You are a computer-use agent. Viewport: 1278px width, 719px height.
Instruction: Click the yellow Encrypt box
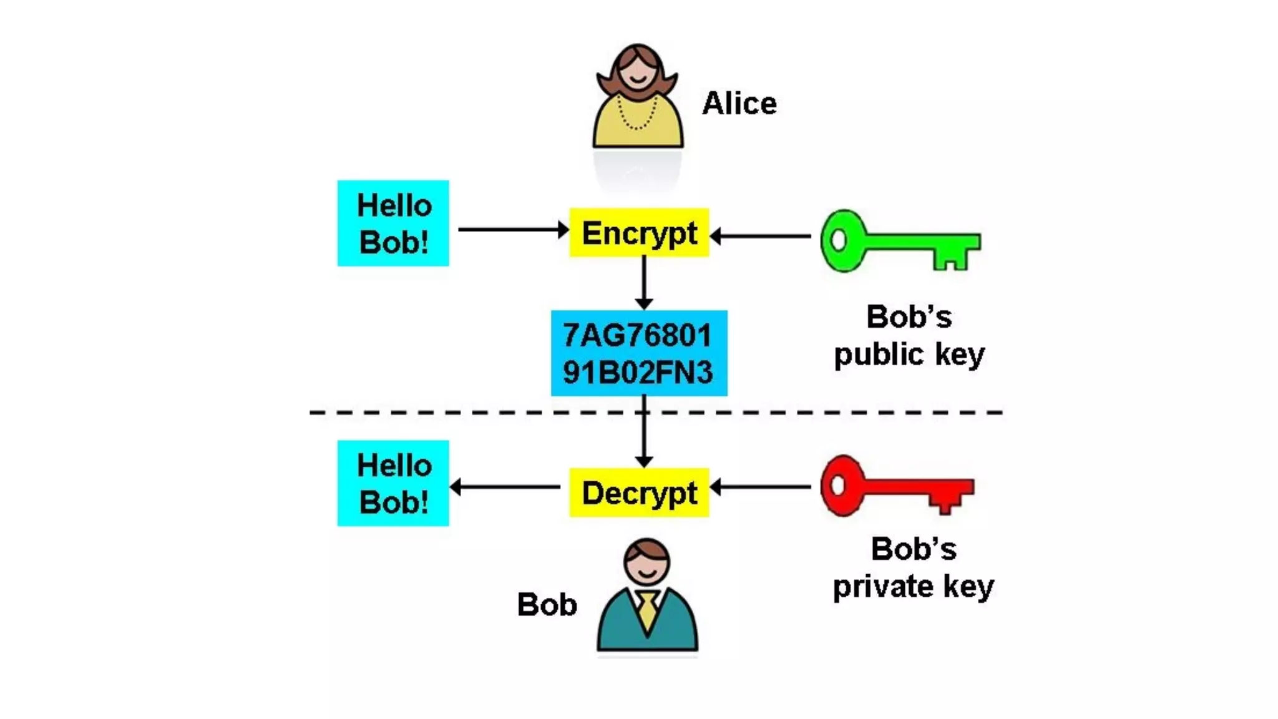point(639,233)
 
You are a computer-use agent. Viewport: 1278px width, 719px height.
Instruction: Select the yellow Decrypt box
point(639,492)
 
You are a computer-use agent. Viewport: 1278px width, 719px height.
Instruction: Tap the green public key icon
point(899,241)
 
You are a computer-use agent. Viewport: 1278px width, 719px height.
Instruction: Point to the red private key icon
point(895,486)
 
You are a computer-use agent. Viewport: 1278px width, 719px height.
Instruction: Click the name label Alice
point(739,104)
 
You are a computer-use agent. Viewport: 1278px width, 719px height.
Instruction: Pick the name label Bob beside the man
point(547,604)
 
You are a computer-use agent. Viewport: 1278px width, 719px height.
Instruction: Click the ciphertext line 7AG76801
point(637,335)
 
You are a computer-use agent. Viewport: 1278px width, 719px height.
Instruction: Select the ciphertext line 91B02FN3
point(637,373)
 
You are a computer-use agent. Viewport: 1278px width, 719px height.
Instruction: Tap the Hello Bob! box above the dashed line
point(393,223)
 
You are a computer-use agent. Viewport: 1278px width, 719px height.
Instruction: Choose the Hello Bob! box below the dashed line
point(393,483)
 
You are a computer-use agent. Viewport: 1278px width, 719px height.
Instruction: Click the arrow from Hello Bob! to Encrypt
point(512,230)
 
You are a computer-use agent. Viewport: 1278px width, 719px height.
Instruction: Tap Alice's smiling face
point(637,74)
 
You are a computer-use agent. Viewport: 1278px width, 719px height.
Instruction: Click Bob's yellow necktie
point(647,610)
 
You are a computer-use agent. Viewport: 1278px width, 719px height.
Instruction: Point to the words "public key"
point(909,355)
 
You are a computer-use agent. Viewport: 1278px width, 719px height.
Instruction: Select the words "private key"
point(913,587)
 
